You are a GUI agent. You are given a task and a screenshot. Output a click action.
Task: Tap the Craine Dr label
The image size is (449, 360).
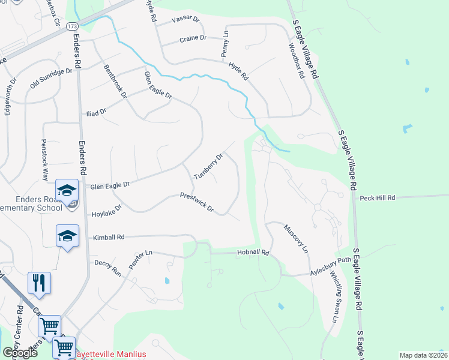193,38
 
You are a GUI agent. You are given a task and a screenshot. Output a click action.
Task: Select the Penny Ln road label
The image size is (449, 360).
224,45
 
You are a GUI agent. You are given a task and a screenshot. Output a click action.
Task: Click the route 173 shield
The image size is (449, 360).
73,26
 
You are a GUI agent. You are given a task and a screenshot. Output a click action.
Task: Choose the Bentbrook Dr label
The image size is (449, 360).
115,81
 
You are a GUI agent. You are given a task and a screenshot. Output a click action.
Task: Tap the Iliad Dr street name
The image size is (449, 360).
95,112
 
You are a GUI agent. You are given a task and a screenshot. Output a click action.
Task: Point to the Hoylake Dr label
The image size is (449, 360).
106,211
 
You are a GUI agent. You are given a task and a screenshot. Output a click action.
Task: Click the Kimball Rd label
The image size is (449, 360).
109,238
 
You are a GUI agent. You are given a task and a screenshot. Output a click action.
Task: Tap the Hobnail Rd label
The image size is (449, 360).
255,253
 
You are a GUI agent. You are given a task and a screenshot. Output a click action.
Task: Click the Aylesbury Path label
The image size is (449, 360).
330,265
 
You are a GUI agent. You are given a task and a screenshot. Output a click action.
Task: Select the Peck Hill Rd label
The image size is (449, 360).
377,197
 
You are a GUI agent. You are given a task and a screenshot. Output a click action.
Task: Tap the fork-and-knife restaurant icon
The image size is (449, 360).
39,283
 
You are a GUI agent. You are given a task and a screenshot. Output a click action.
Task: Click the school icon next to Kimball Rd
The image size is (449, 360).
67,236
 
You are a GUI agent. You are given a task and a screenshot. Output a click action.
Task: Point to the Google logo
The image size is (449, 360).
20,353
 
